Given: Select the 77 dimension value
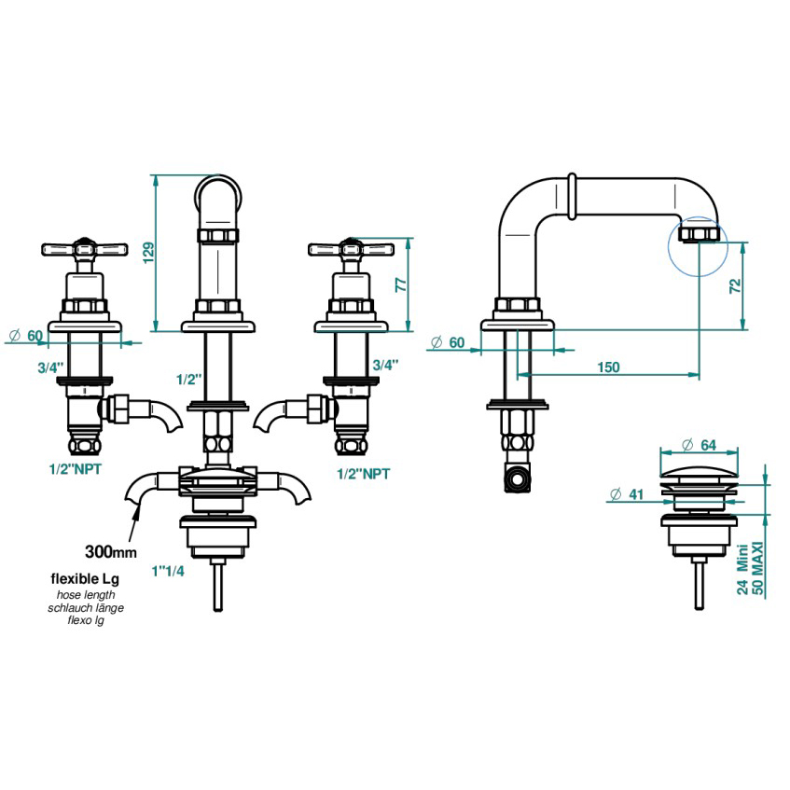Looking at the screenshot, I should coord(401,284).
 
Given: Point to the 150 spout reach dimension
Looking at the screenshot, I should coord(607,367).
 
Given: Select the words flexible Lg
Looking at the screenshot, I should coord(84,579).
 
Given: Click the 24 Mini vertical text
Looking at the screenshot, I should coord(742,571).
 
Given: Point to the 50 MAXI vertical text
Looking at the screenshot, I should coord(758,571).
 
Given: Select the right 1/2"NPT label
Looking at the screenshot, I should coord(364,473).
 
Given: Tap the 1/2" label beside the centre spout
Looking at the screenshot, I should coord(190,379).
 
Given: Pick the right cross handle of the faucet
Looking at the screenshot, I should coord(351,249).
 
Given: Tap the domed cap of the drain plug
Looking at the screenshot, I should coord(699,464).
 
